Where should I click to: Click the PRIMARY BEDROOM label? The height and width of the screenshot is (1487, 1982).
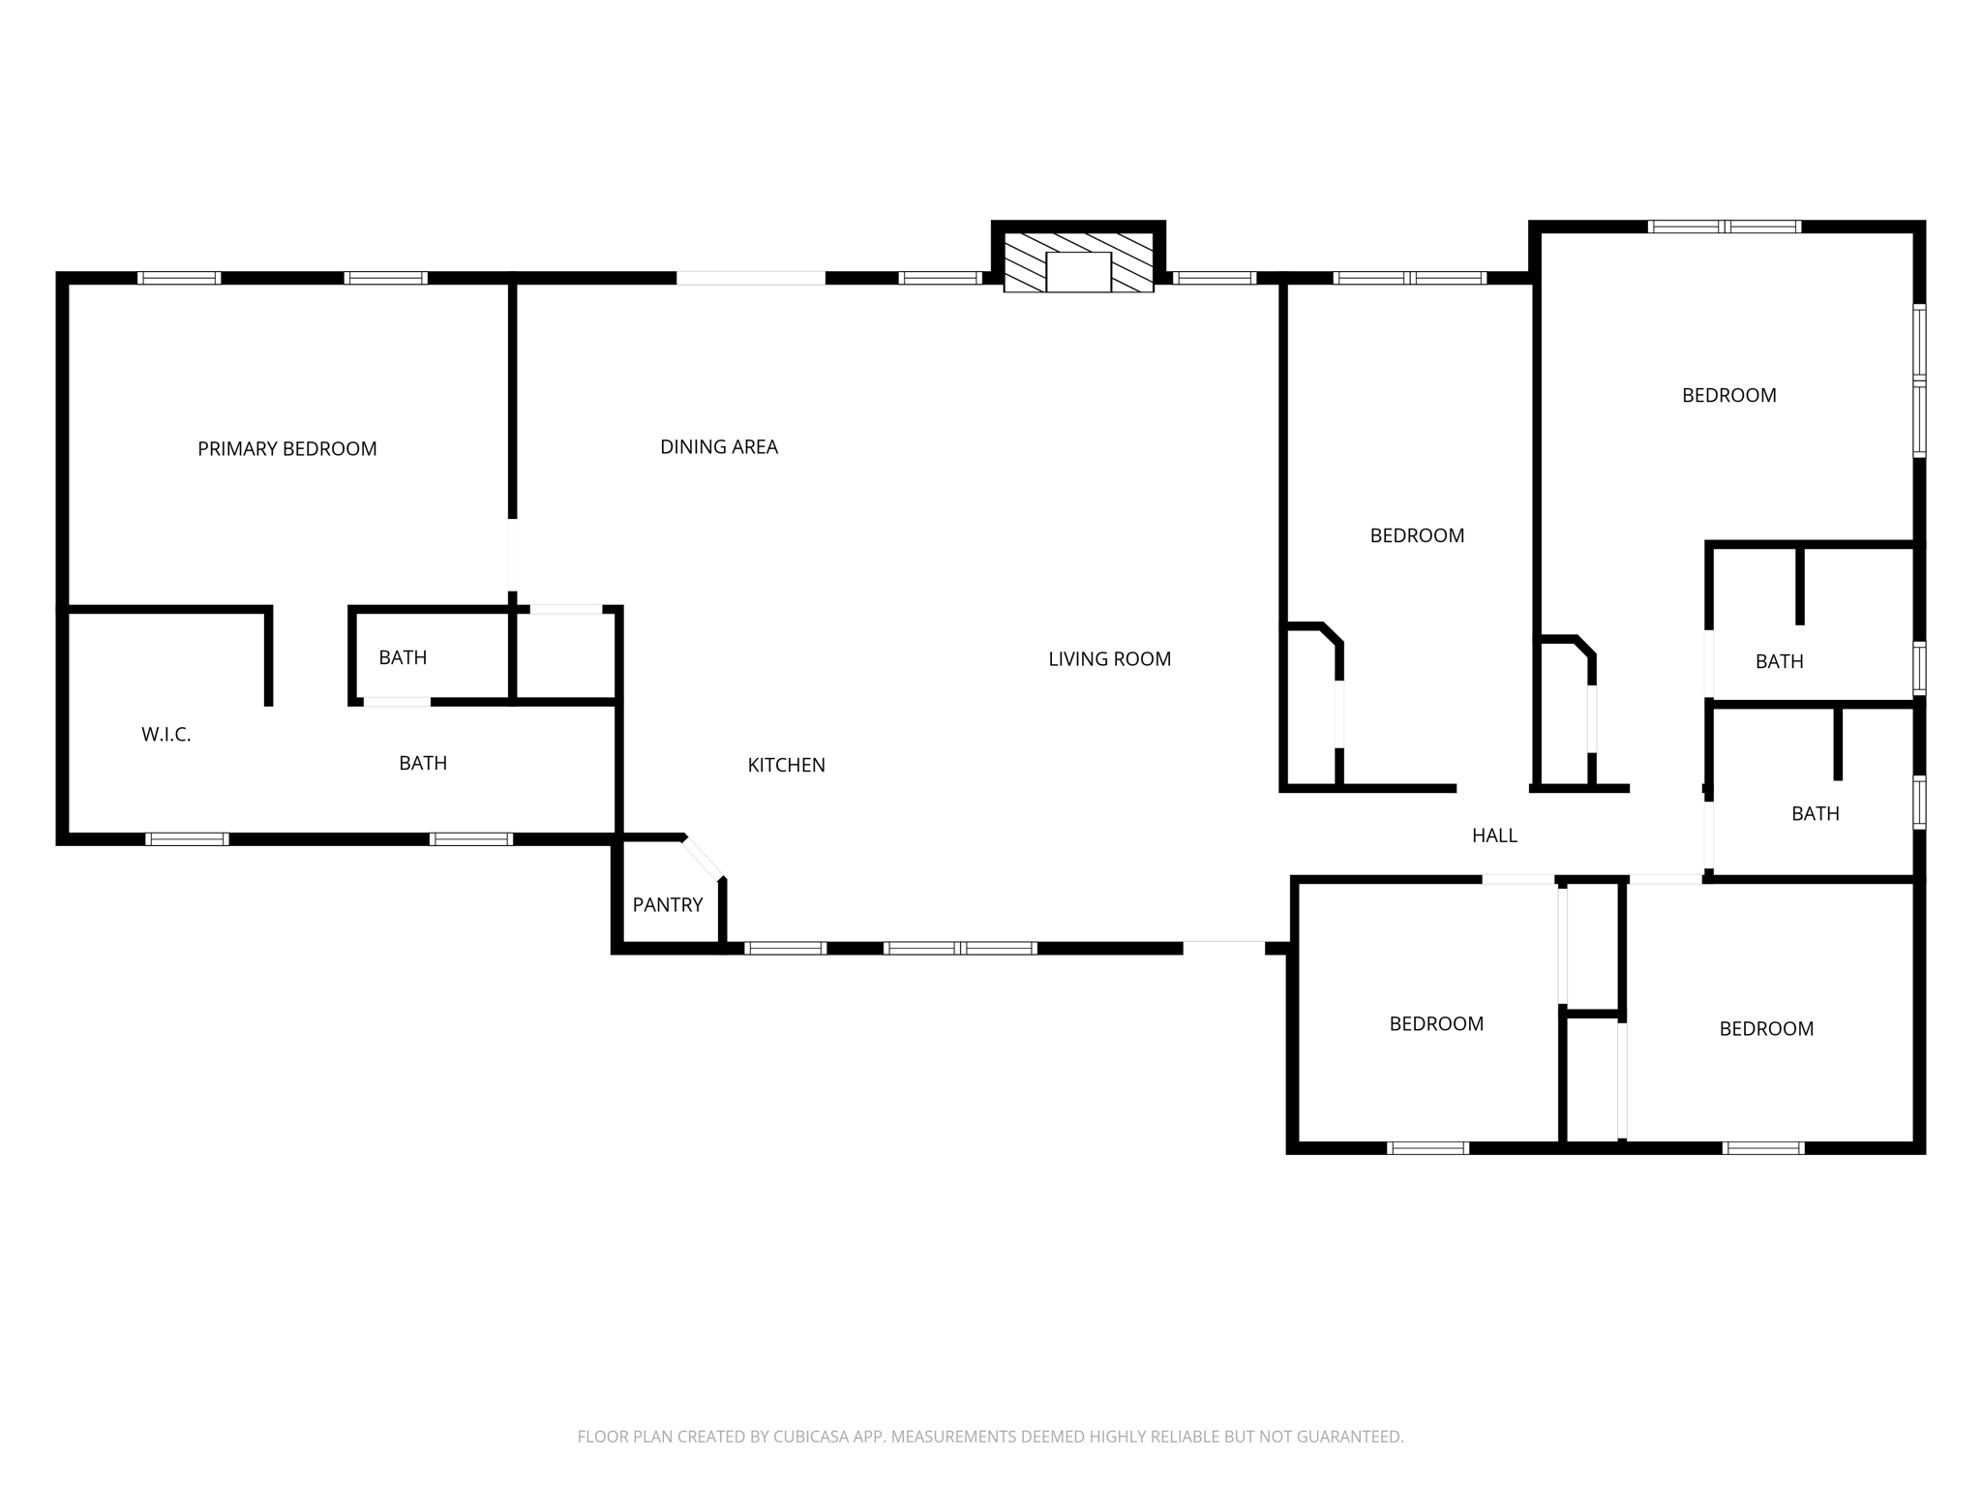pos(286,448)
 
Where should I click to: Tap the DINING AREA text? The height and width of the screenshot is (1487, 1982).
pos(718,446)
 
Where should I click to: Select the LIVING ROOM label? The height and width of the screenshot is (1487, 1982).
pos(1109,659)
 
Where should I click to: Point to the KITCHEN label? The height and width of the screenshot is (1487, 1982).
pos(786,765)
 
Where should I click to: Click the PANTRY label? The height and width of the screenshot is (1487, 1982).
pos(667,904)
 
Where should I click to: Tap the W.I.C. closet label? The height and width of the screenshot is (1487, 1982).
pos(165,735)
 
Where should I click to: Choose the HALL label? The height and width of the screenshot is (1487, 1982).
pos(1494,835)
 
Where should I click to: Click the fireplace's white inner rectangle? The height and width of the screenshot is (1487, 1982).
pos(1078,272)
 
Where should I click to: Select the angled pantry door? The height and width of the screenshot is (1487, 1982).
pos(704,859)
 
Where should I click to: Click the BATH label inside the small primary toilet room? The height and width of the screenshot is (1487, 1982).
pos(403,657)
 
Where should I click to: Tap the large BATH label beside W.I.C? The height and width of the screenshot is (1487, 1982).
pos(423,763)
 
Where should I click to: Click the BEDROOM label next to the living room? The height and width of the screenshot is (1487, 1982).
pos(1417,535)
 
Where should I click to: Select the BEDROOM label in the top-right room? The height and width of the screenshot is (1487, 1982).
pos(1728,395)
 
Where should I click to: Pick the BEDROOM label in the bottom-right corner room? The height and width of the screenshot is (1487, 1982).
pos(1765,1029)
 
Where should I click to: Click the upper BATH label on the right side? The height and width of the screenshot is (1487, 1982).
pos(1779,661)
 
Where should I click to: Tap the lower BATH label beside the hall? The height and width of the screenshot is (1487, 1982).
pos(1815,813)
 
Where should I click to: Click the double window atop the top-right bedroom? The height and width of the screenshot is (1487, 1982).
pos(1724,227)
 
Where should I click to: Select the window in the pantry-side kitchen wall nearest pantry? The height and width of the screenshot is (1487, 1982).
pos(785,948)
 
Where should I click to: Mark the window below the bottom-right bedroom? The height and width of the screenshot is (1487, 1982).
pos(1762,1148)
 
